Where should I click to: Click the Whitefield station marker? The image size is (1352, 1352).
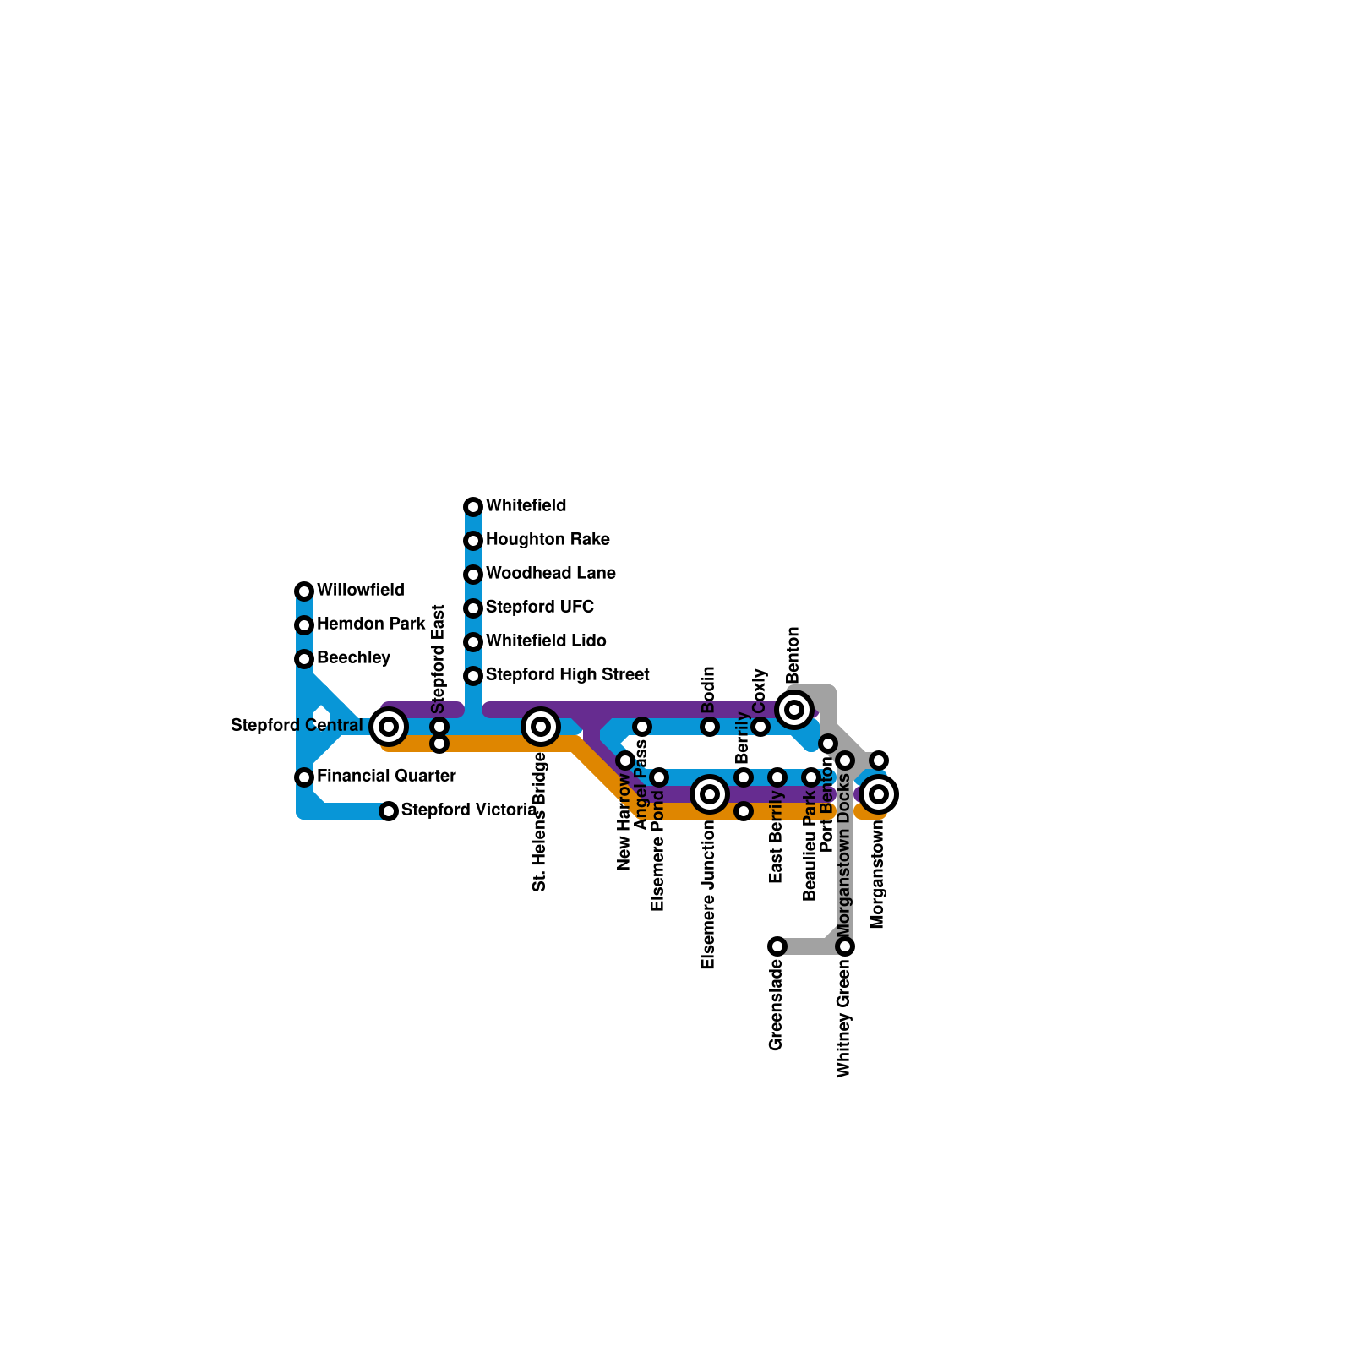coord(473,507)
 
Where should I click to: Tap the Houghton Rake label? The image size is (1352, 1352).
coord(548,540)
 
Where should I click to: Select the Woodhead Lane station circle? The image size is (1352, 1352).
coord(473,575)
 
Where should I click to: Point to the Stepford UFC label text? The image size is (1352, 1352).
coord(539,608)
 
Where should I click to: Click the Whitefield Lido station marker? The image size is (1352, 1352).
coord(473,642)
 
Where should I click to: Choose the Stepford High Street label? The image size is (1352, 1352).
coord(567,675)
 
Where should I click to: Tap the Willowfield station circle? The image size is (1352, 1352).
coord(304,591)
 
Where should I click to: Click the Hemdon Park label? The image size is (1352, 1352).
coord(371,624)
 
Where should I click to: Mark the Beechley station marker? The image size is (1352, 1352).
coord(304,659)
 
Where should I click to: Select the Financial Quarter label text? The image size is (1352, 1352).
coord(386,777)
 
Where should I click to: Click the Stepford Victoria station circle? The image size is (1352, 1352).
coord(389,811)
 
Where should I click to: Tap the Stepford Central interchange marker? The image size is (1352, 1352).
coord(389,726)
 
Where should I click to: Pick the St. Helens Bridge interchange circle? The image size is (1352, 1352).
coord(541,726)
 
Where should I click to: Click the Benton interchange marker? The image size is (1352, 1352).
coord(794,709)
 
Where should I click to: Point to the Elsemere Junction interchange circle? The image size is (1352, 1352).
coord(710,793)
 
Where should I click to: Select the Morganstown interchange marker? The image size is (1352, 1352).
coord(879,793)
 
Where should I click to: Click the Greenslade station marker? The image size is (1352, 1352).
coord(777,946)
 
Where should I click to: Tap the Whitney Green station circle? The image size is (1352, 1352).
coord(845,946)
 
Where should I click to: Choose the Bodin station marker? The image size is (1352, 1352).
coord(710,727)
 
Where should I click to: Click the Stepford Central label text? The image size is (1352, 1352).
coord(297,726)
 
